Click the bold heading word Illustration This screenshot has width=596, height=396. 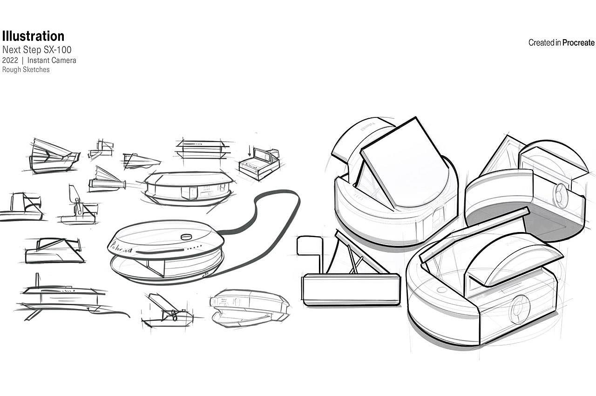click(x=33, y=36)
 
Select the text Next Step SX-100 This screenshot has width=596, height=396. click(x=37, y=49)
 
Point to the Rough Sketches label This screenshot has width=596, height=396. click(x=26, y=70)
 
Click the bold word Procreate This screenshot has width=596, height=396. click(x=578, y=43)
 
